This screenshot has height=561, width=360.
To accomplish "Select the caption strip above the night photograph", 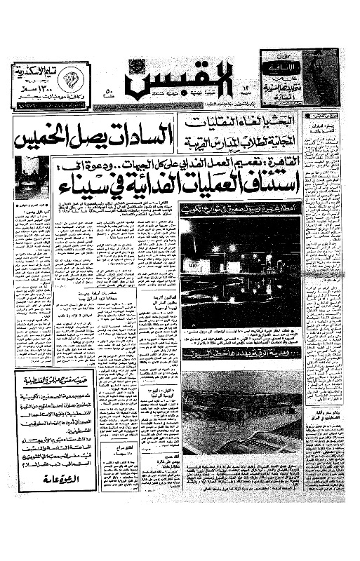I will pyautogui.click(x=241, y=210).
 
